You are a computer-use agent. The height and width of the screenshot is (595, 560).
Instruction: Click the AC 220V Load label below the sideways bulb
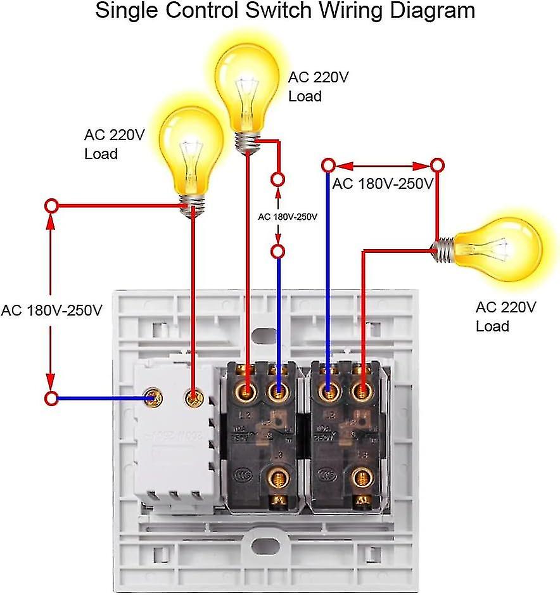[506, 317]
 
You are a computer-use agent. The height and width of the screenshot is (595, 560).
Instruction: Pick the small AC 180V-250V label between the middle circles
[287, 216]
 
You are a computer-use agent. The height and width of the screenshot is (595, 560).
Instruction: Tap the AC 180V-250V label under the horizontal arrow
[382, 184]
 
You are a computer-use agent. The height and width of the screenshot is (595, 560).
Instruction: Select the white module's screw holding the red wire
[193, 398]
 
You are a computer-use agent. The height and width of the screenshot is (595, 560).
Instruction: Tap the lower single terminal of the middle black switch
[276, 478]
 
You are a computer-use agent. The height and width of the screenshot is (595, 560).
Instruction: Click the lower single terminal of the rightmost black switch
[362, 478]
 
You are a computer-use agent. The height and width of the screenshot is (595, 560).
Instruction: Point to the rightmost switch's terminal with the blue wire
[328, 390]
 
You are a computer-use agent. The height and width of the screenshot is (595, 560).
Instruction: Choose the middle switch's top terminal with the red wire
[246, 390]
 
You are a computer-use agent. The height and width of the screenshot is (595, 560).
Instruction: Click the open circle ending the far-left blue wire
[51, 398]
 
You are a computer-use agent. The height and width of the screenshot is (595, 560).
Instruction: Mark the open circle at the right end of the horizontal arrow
[436, 166]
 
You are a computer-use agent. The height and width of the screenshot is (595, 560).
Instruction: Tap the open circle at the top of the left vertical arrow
[51, 206]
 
